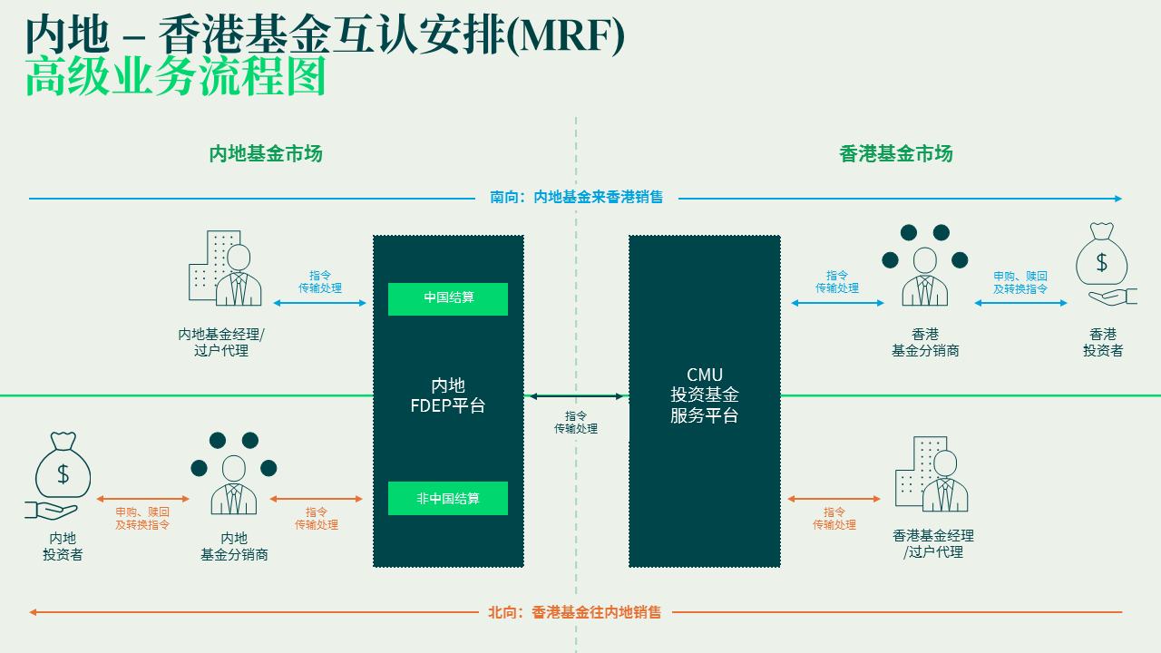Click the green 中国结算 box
448,298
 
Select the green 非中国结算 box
448,498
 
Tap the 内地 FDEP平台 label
448,395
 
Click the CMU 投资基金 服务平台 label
705,395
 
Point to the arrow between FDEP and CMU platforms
577,396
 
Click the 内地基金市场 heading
266,153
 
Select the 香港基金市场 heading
896,153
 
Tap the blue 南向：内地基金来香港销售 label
577,197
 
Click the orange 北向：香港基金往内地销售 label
575,612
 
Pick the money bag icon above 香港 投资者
1103,264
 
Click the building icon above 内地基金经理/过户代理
224,268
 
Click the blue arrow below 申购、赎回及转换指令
1021,303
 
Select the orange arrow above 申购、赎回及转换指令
142,499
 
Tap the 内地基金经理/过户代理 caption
221,342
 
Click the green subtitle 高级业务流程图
175,78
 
